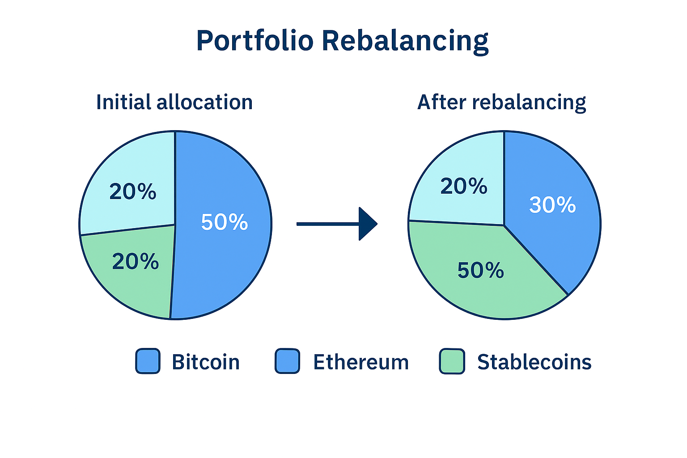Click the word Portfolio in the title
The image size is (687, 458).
click(255, 41)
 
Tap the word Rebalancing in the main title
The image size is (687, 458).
click(405, 42)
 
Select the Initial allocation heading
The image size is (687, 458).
click(174, 102)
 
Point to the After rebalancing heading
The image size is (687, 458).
click(501, 102)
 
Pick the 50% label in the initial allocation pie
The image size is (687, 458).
click(225, 222)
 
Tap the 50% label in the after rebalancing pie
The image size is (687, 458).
click(481, 270)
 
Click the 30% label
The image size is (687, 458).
click(552, 204)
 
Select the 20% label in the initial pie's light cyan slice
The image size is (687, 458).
click(133, 191)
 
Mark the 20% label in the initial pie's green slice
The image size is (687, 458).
click(136, 261)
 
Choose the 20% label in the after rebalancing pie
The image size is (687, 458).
click(464, 186)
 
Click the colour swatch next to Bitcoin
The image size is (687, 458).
click(148, 361)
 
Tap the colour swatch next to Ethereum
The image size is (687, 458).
click(288, 361)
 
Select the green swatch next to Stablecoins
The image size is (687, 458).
click(452, 361)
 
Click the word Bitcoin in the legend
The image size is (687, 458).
click(205, 362)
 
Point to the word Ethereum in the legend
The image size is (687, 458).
click(361, 362)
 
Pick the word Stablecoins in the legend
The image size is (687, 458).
click(534, 362)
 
